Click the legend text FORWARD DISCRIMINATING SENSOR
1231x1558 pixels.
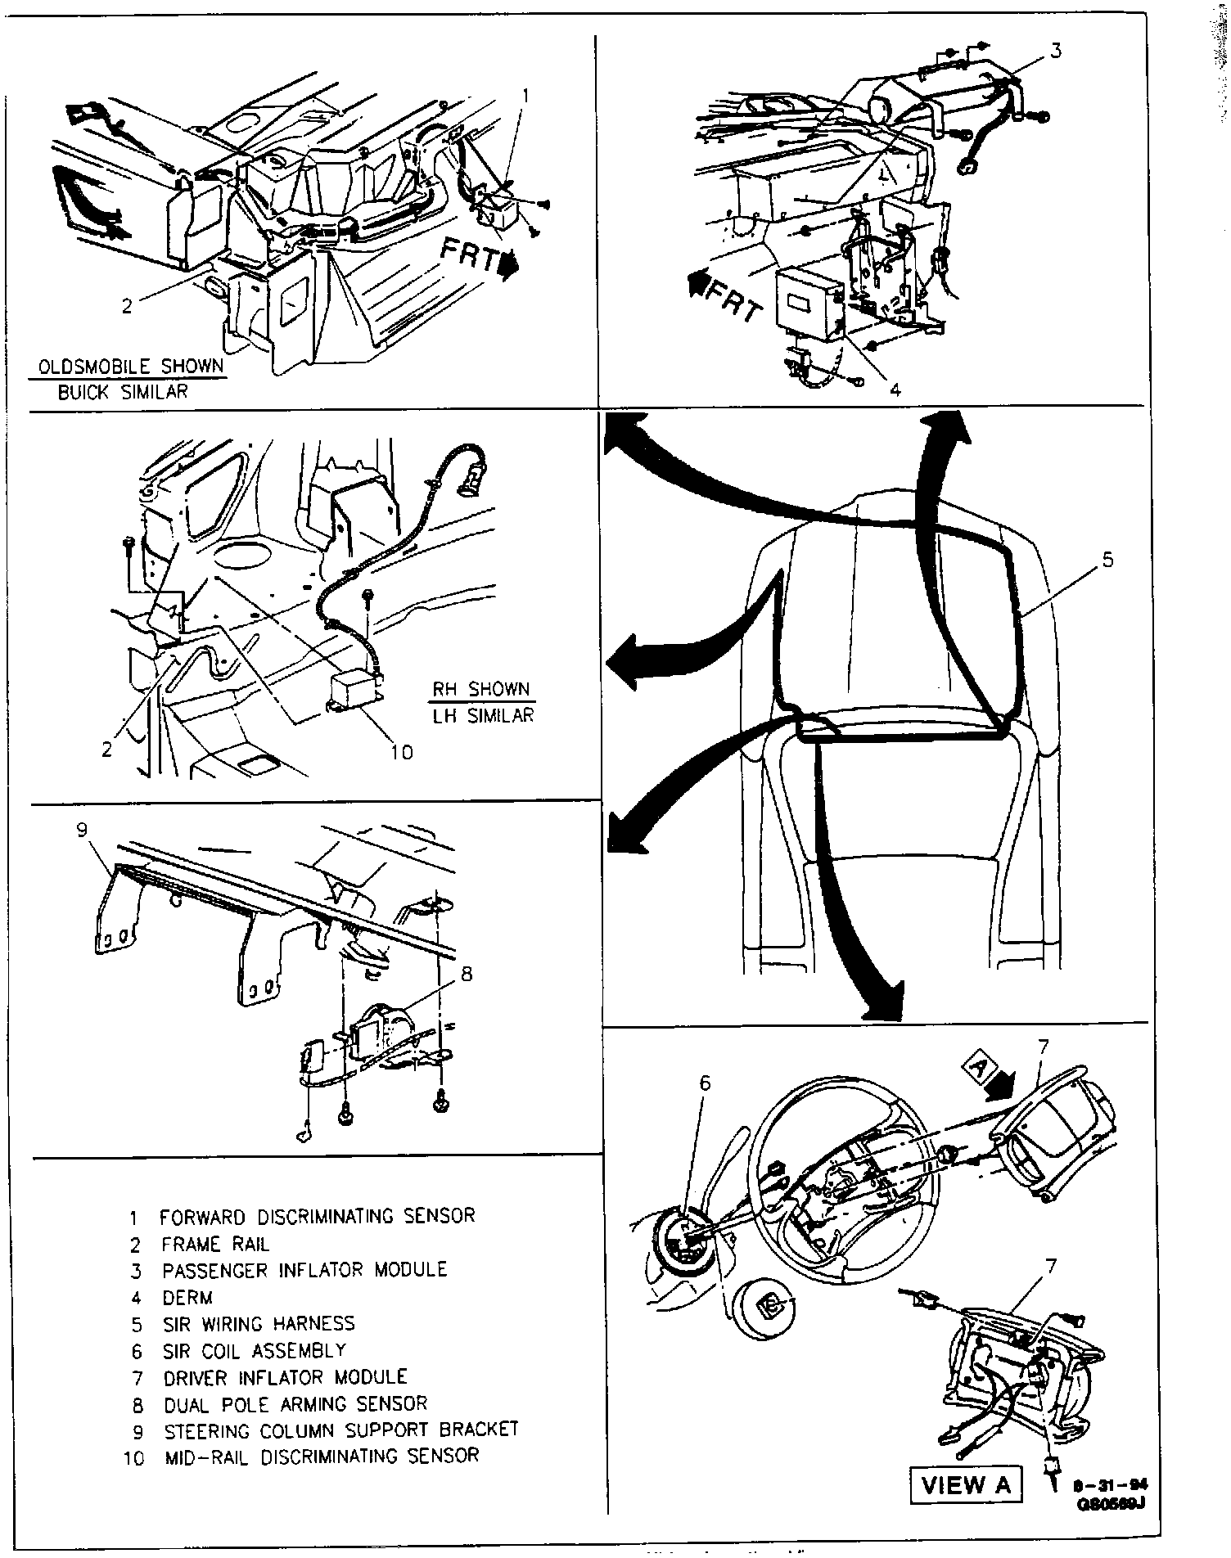point(317,1216)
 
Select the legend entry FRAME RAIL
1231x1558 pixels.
point(214,1244)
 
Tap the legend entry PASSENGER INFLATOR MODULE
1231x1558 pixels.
point(304,1270)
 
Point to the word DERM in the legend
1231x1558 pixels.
point(187,1297)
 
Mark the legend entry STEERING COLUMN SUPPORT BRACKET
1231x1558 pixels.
point(341,1430)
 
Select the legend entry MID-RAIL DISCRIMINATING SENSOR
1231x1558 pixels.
point(322,1457)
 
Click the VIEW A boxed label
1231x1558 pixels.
point(967,1485)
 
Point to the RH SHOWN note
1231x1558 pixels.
point(482,689)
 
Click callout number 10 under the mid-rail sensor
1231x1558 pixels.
point(401,750)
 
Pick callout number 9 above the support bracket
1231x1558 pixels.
point(81,831)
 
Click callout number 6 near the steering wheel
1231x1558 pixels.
point(705,1083)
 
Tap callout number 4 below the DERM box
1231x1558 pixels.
point(895,390)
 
